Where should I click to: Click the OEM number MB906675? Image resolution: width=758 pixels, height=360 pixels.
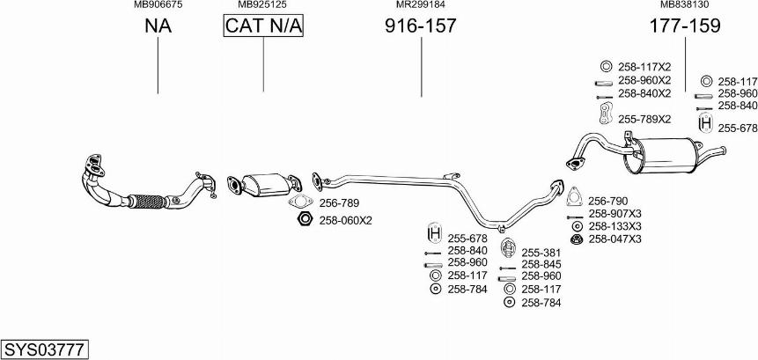(158, 4)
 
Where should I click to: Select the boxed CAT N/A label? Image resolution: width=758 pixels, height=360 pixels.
(263, 26)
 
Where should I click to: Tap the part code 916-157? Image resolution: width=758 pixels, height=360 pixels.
(421, 26)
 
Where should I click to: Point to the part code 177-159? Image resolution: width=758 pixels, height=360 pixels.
(684, 26)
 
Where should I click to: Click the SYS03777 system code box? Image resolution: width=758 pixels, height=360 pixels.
(44, 349)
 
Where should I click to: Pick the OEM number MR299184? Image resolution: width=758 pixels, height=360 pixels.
(420, 4)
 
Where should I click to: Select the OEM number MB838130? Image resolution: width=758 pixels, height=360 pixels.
(684, 4)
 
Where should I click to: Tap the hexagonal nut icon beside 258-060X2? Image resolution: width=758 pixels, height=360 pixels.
(303, 219)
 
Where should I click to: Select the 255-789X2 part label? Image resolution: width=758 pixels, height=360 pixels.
(644, 119)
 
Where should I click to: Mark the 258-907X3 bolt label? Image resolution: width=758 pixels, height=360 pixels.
(614, 213)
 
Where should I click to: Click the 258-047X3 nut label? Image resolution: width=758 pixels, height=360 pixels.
(614, 239)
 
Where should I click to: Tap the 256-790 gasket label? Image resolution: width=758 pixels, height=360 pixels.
(607, 201)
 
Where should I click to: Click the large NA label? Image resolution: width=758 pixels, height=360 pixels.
(158, 26)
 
